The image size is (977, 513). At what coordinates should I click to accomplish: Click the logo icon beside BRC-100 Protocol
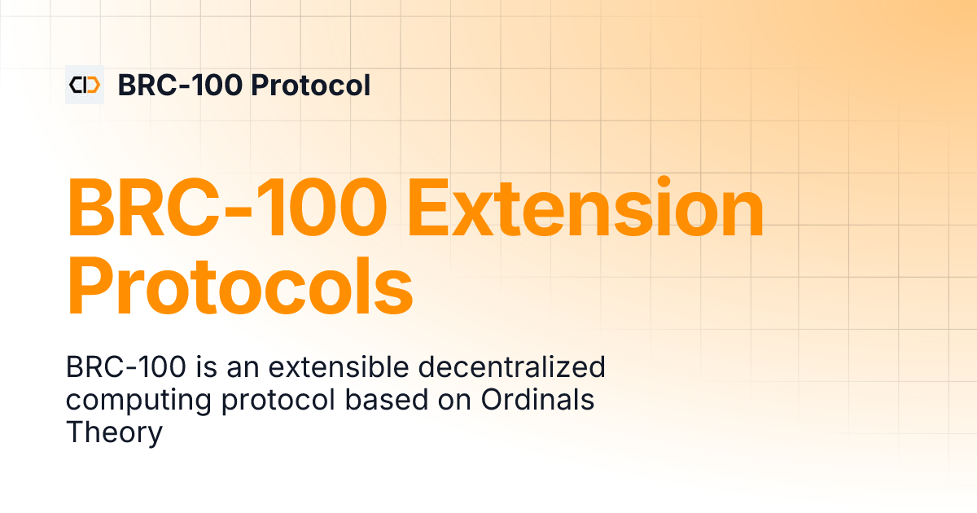pyautogui.click(x=85, y=85)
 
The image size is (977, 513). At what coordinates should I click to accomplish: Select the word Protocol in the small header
pyautogui.click(x=311, y=85)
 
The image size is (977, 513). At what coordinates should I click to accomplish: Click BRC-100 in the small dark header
pyautogui.click(x=180, y=85)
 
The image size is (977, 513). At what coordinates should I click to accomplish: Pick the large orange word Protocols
pyautogui.click(x=240, y=287)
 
